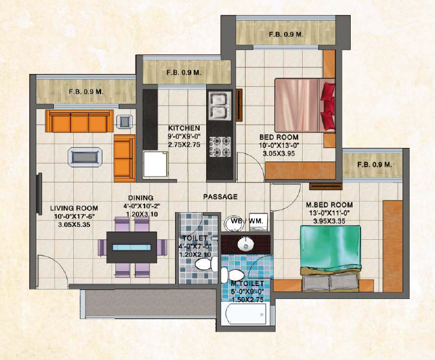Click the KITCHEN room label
[x=184, y=128]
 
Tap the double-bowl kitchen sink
[x=220, y=106]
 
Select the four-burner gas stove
[x=220, y=147]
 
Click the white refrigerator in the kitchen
[x=156, y=163]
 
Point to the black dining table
[x=132, y=247]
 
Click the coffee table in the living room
[x=85, y=157]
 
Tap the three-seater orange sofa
[x=79, y=121]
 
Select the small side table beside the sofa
[x=124, y=121]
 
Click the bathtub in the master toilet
[x=246, y=314]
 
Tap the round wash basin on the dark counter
[x=246, y=245]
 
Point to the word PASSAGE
[x=220, y=197]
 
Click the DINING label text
[x=141, y=198]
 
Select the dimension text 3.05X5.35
[x=74, y=225]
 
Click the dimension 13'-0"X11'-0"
[x=329, y=213]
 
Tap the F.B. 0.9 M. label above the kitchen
[x=184, y=73]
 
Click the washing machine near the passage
[x=258, y=222]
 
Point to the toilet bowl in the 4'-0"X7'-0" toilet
[x=206, y=264]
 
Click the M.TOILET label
[x=248, y=283]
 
